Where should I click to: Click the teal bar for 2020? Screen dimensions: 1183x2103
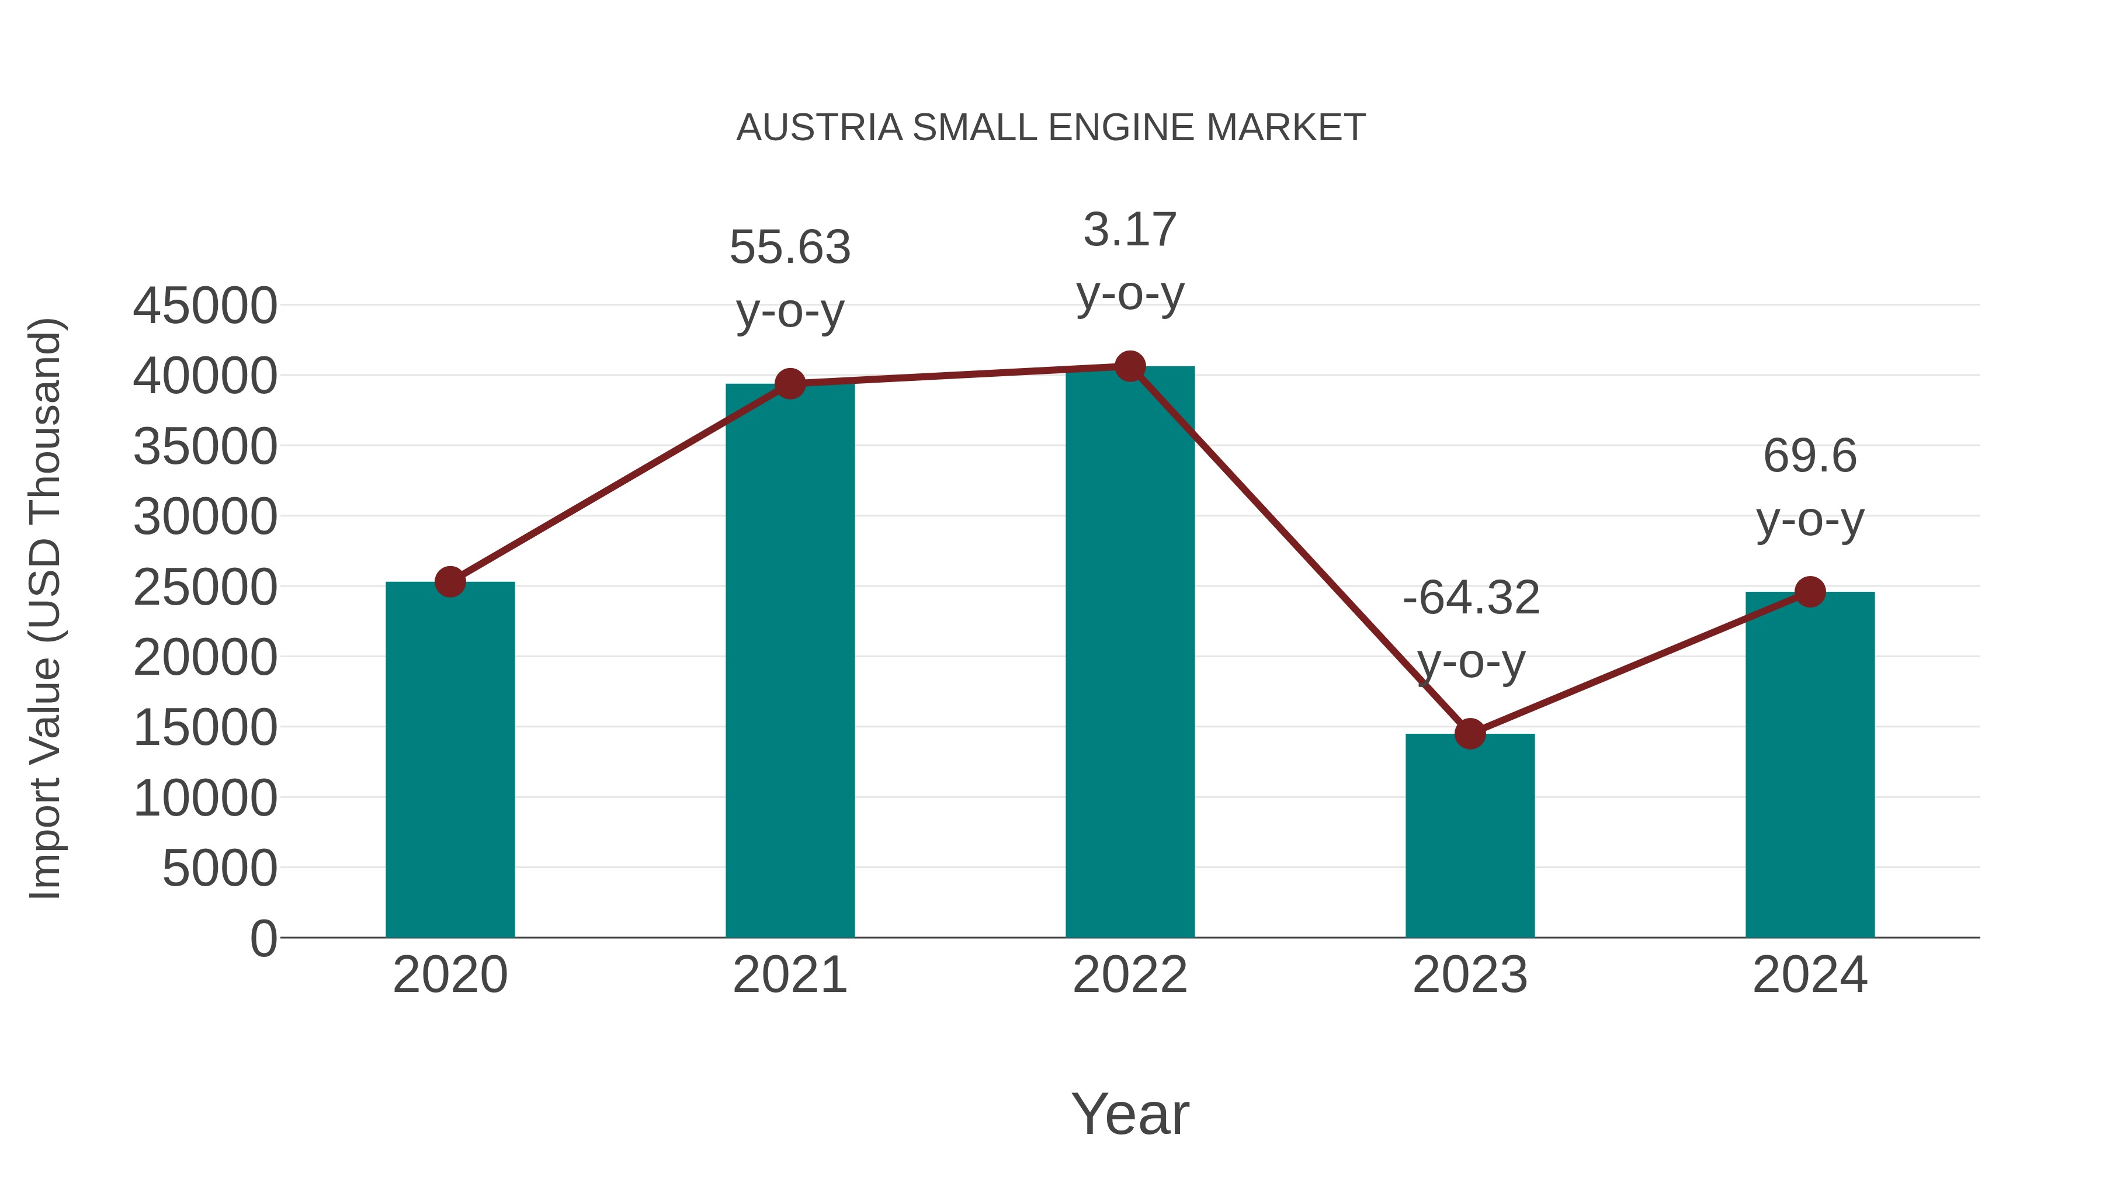[450, 759]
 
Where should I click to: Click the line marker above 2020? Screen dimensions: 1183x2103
[450, 582]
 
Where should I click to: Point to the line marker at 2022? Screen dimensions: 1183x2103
[1130, 366]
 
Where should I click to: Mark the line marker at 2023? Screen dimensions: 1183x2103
[1470, 734]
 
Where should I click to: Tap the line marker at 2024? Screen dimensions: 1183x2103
[1810, 592]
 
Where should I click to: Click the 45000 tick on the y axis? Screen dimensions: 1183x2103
[205, 307]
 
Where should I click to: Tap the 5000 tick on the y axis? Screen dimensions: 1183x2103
[220, 869]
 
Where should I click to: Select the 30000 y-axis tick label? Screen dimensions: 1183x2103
[205, 518]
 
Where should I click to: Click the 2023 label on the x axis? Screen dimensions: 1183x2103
[1470, 975]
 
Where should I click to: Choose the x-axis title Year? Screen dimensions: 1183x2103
[1130, 1113]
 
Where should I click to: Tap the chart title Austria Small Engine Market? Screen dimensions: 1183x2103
[1051, 128]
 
